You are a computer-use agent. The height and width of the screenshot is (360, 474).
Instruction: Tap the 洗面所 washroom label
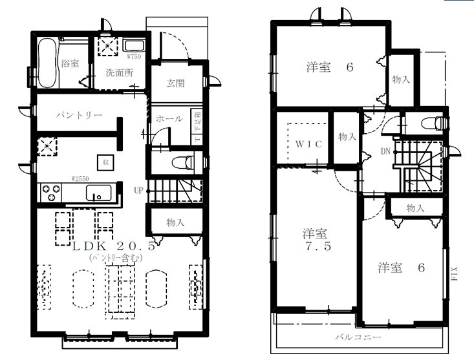[x=120, y=72]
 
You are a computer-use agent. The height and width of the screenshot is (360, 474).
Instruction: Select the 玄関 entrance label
[x=175, y=83]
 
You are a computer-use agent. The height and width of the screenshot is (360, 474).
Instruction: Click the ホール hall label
[x=169, y=119]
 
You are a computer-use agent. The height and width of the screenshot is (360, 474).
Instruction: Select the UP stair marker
[x=138, y=191]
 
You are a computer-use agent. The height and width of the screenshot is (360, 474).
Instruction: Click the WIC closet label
[x=308, y=143]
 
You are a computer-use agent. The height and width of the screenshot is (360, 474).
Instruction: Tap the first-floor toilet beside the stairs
[x=182, y=162]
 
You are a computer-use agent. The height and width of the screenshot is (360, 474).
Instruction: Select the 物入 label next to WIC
[x=347, y=137]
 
